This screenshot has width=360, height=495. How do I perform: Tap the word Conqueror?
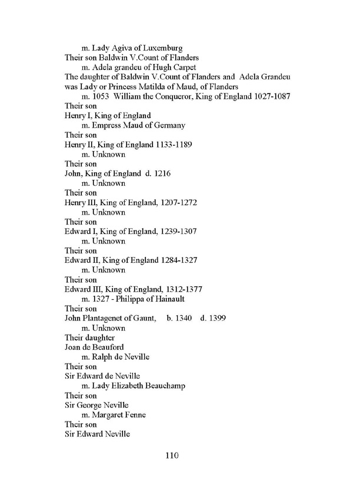pos(171,96)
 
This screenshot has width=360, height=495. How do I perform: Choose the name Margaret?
pos(109,414)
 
